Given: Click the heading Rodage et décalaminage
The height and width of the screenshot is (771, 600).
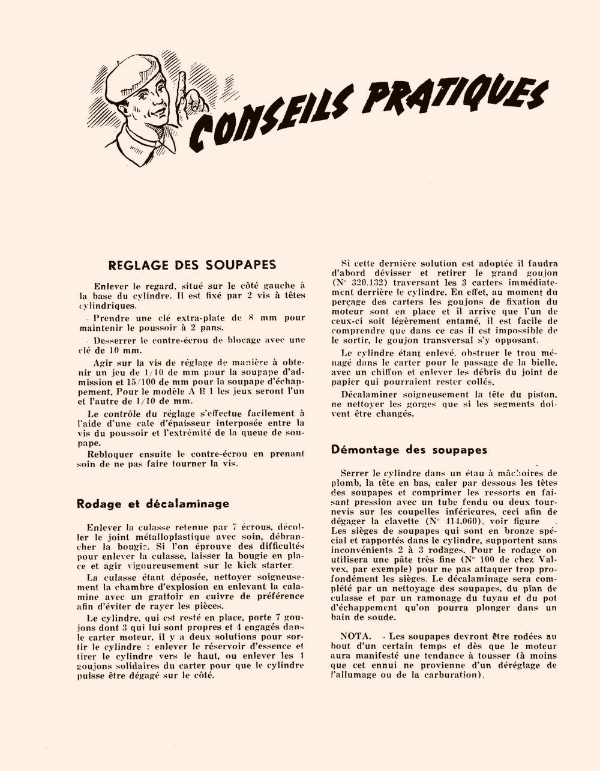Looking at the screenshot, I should [x=153, y=503].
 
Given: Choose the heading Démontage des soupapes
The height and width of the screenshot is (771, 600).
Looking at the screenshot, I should [x=409, y=450].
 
